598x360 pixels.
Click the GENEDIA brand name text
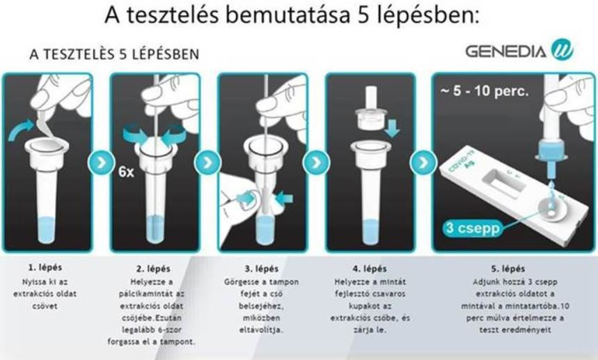coord(505,52)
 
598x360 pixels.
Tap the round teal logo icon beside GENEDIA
coord(562,50)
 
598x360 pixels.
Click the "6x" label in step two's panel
coord(126,172)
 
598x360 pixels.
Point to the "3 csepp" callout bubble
coord(473,228)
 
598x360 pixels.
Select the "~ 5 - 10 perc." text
coord(485,91)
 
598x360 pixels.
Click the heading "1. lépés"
coord(45,267)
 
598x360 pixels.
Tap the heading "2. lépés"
coord(153,269)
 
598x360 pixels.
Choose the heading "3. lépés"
coord(262,269)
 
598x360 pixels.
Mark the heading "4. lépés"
coord(369,269)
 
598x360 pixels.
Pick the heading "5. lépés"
coord(508,269)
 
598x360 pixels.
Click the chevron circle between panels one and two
coord(102,163)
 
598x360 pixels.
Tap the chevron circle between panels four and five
coord(423,163)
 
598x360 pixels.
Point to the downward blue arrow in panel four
coord(393,127)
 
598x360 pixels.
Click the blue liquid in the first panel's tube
coord(45,230)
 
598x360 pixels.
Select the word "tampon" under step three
coord(284,282)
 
